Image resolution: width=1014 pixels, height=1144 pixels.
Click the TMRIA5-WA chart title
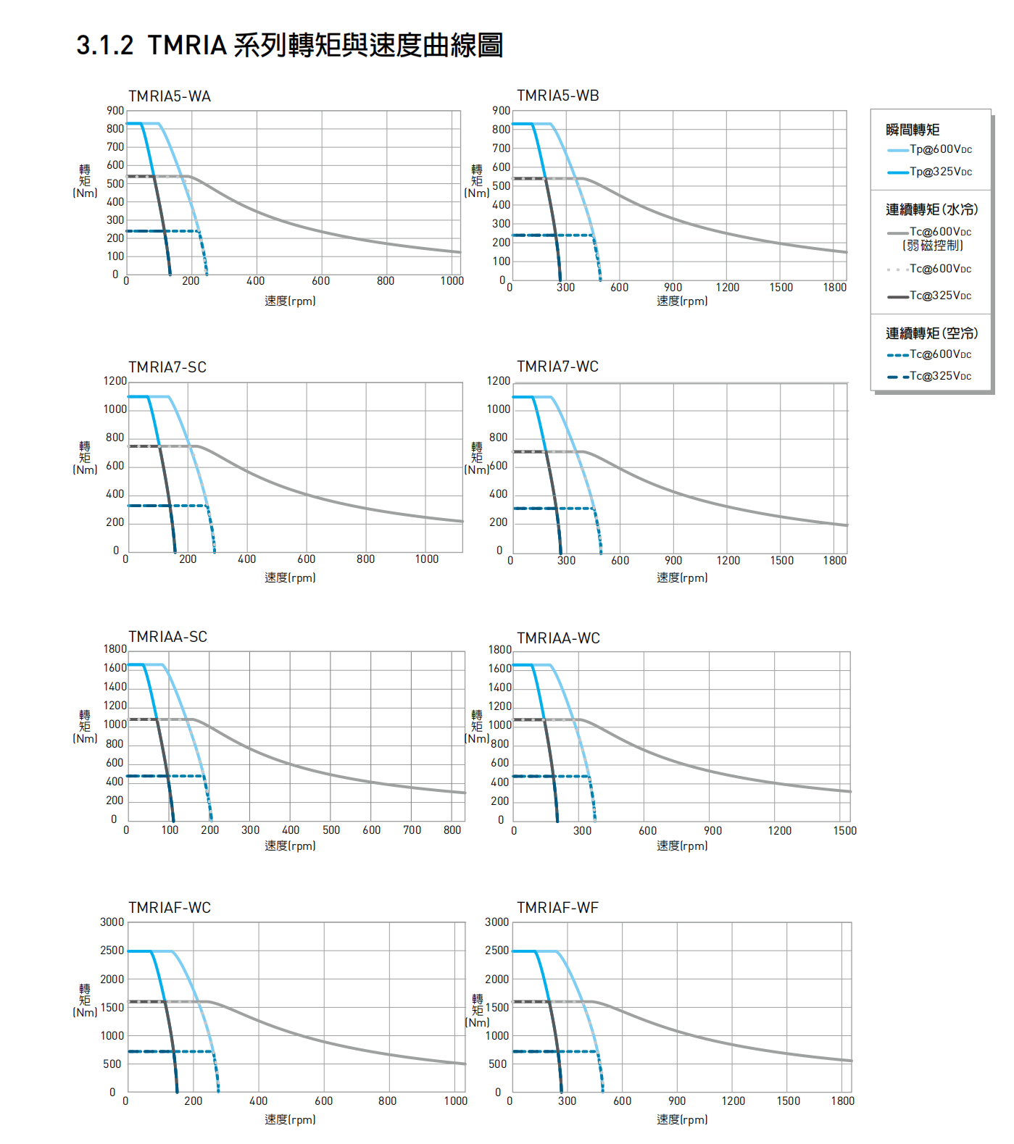point(170,96)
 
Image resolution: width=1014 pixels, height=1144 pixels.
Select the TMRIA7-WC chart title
point(557,367)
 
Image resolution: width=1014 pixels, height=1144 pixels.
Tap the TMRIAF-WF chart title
point(557,908)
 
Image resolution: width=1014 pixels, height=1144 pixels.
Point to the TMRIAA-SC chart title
point(167,637)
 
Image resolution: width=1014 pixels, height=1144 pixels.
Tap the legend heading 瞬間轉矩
point(913,130)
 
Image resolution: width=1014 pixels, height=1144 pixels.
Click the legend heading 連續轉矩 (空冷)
point(931,333)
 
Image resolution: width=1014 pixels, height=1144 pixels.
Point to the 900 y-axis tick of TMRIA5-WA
point(115,111)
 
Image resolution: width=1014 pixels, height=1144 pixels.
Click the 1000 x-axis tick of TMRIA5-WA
point(452,281)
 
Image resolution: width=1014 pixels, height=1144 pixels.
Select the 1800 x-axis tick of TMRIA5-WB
point(834,288)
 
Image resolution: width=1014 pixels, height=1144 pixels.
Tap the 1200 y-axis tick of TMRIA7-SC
point(115,381)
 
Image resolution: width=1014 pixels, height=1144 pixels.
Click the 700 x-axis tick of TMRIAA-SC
point(412,830)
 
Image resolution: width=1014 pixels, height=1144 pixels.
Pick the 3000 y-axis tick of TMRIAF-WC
point(112,922)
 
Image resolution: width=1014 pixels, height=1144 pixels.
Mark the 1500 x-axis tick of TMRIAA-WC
point(844,831)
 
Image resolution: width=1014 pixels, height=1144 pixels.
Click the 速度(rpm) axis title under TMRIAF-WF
point(682,1119)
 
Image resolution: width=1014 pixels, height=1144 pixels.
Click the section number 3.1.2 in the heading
point(105,46)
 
